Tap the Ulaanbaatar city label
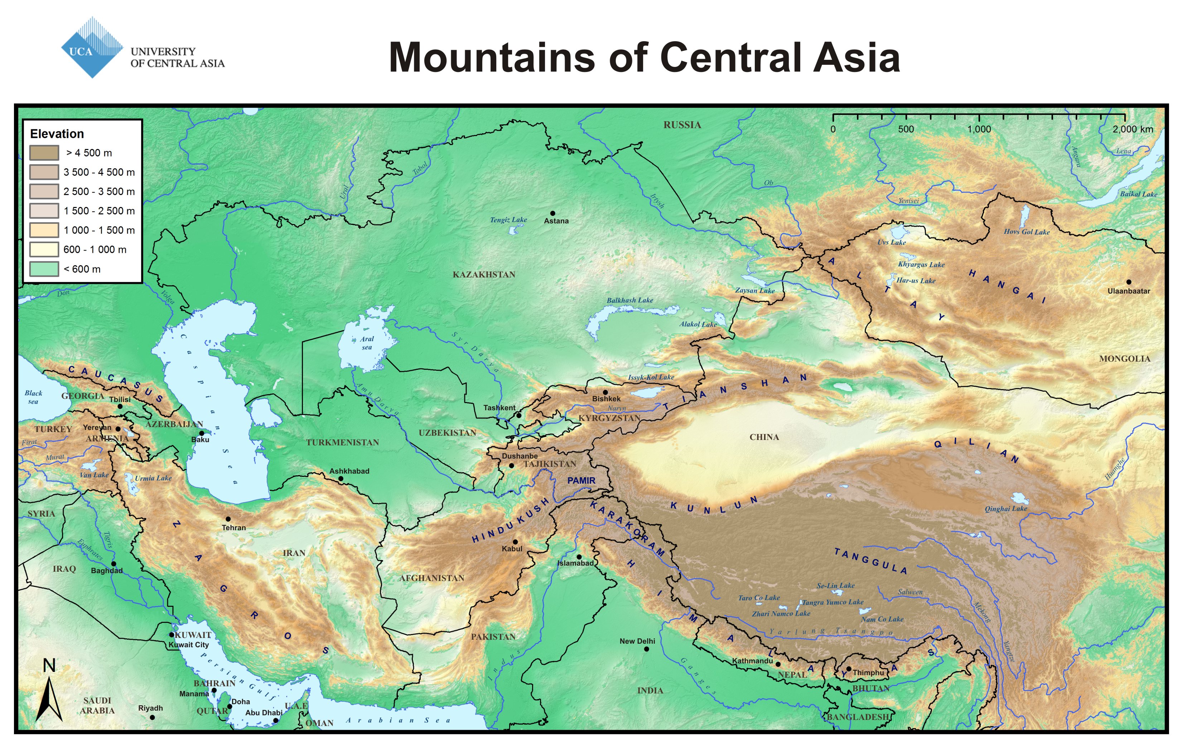[1129, 291]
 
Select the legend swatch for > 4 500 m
[44, 153]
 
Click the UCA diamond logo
[92, 48]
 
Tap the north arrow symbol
[49, 697]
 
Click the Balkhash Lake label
[629, 300]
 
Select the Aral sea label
[367, 343]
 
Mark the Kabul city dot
[515, 542]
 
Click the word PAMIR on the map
[581, 480]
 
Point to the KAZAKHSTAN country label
[484, 275]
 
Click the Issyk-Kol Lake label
[651, 377]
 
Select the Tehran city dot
[228, 519]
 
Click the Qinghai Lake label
[1006, 508]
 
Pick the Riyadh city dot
[152, 717]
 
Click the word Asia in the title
[856, 58]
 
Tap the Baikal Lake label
[1138, 194]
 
